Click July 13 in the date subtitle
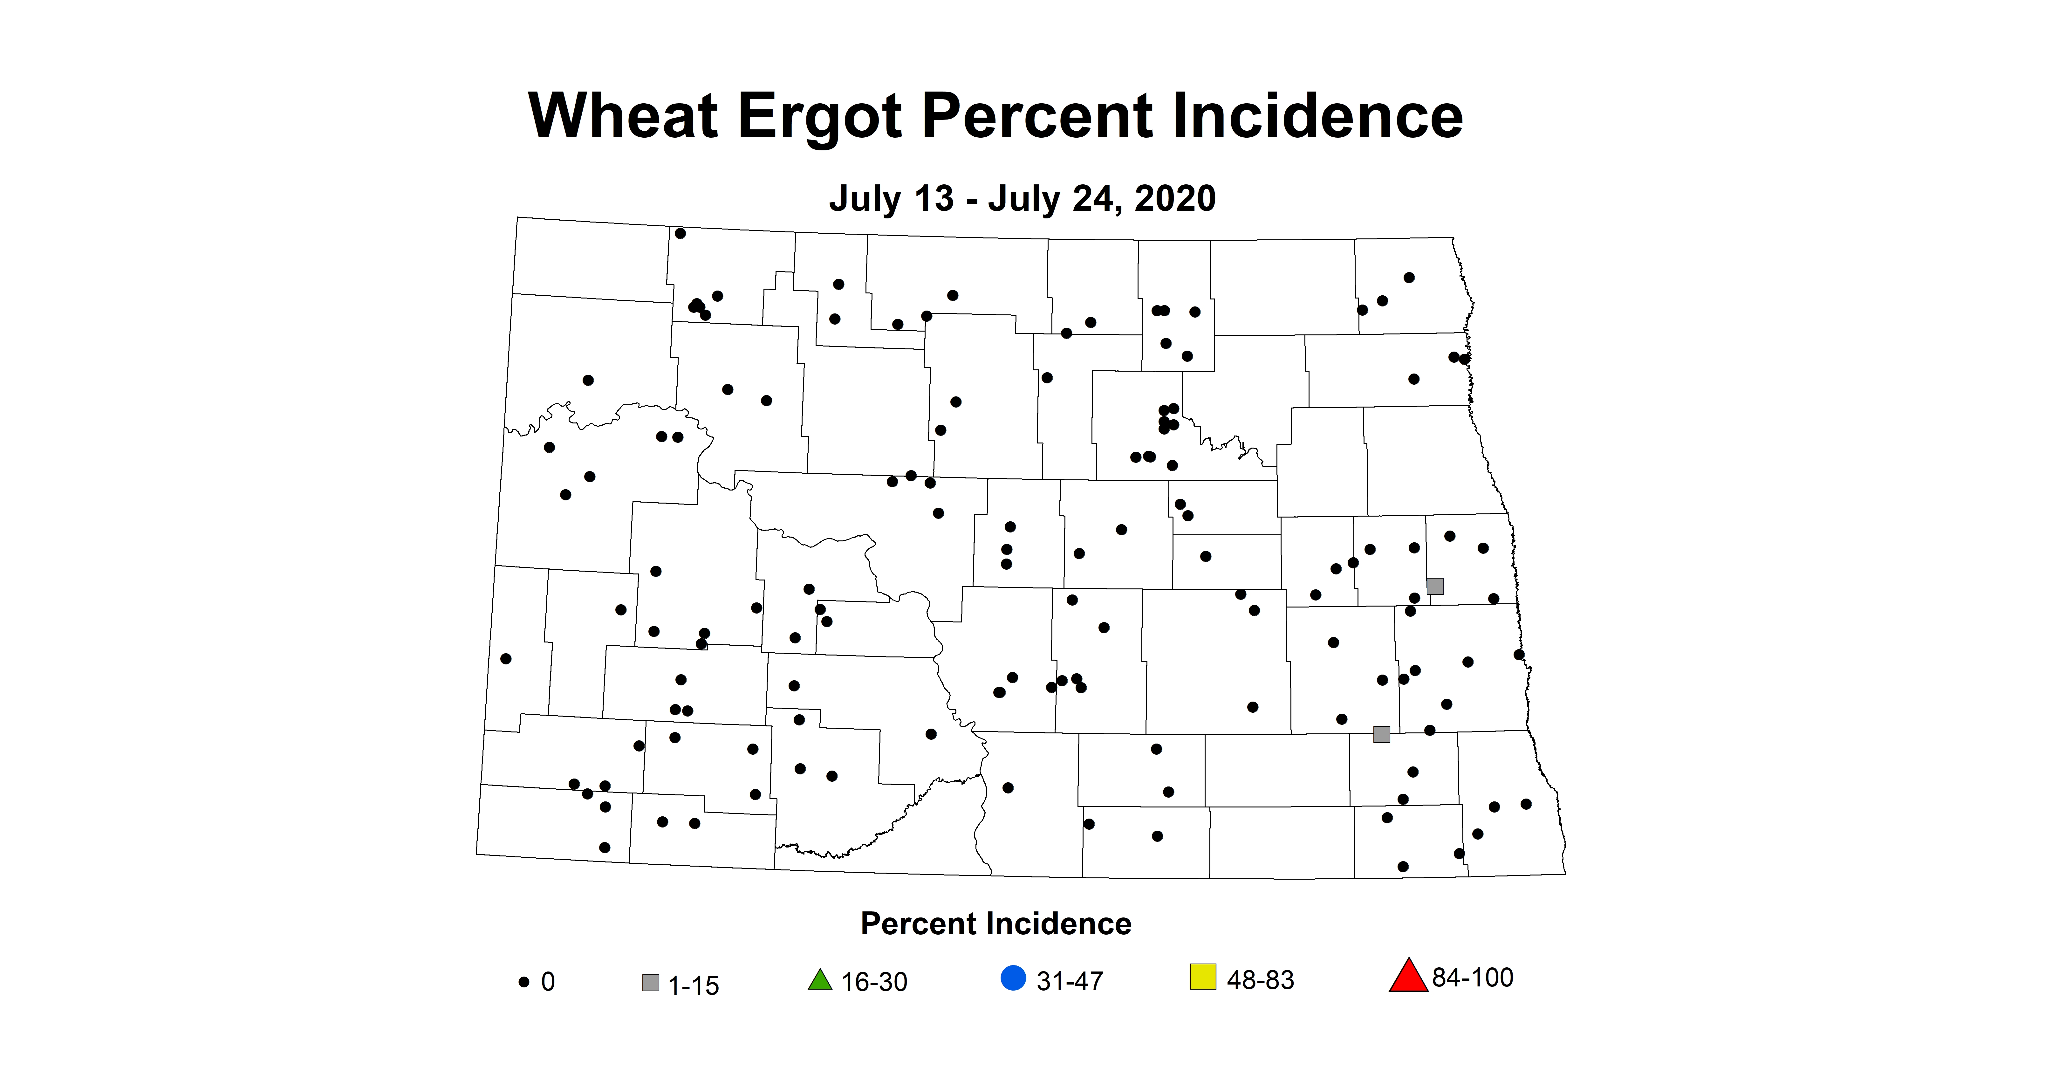coord(891,198)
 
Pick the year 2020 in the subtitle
coord(1175,198)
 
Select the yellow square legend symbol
coord(1203,977)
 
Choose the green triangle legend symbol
coord(820,980)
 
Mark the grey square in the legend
coord(651,983)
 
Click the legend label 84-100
coord(1472,978)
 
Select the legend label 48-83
coord(1260,980)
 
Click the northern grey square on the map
coord(1435,587)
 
